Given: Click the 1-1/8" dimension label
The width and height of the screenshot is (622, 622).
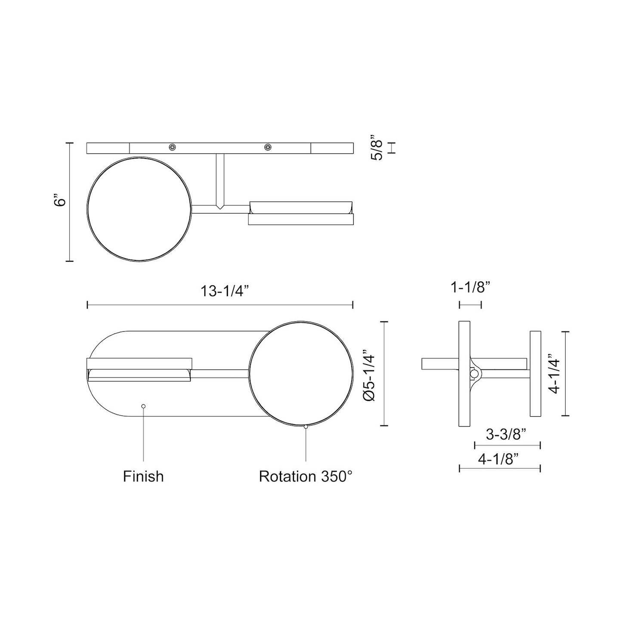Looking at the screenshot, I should point(470,288).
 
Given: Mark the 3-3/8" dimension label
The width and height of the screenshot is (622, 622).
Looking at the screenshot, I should point(507,435).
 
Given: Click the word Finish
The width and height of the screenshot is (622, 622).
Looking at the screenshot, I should point(143,477).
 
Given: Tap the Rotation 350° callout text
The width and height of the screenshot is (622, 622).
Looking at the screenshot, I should point(306,477).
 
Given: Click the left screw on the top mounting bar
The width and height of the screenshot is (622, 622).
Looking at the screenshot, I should point(172,148).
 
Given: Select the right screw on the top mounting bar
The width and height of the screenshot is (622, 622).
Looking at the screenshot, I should point(268,148).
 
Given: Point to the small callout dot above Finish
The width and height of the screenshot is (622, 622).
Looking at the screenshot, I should point(143,406).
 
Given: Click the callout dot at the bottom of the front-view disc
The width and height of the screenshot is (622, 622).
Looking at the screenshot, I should point(306,427).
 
